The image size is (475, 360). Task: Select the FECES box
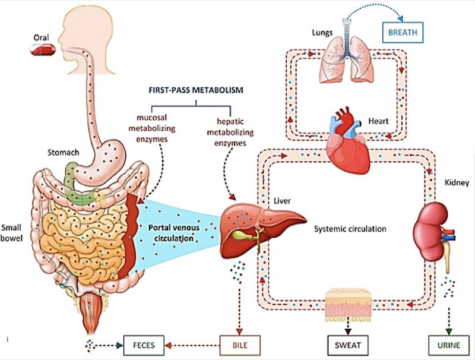tap(144, 344)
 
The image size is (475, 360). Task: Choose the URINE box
tap(447, 344)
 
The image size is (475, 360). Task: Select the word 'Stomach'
tap(63, 153)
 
